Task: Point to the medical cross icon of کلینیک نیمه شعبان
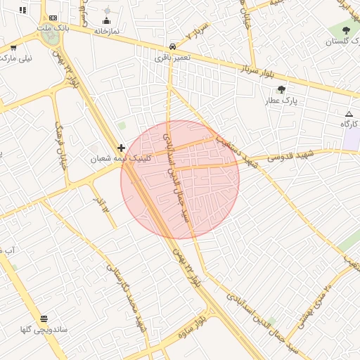(x=122, y=148)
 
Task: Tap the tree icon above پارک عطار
(x=282, y=89)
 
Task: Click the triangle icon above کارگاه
(x=349, y=114)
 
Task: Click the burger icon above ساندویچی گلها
(x=45, y=319)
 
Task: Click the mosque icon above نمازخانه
(x=107, y=21)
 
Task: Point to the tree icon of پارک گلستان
(x=346, y=31)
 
